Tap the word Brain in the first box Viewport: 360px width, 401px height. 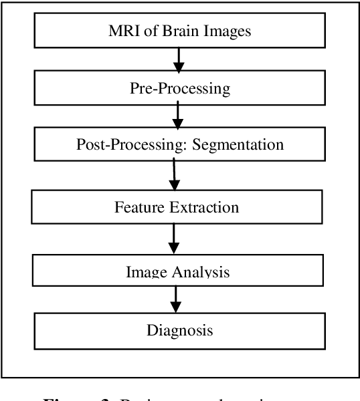[x=169, y=31]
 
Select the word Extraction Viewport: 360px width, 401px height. [x=206, y=207]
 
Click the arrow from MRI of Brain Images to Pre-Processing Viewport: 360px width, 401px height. [x=178, y=61]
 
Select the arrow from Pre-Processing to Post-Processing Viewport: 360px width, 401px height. [x=177, y=116]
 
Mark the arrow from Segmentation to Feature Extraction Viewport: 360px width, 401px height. [x=175, y=175]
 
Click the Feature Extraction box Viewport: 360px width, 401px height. [x=176, y=207]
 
